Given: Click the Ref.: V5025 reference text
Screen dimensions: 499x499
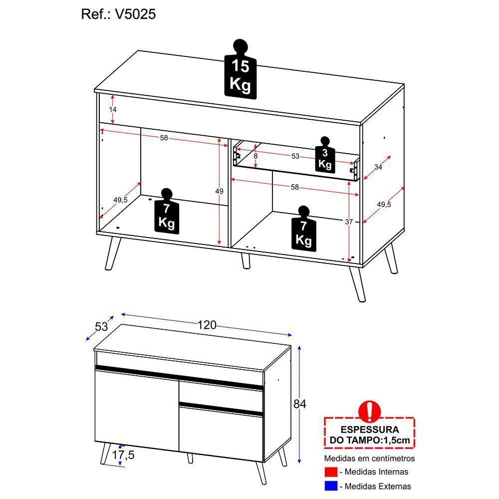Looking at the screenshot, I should tap(118, 14).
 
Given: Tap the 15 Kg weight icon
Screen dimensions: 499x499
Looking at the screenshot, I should tap(240, 71).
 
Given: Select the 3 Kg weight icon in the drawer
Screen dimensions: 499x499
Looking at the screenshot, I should tap(325, 155).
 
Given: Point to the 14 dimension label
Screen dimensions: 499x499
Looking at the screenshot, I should tap(113, 109).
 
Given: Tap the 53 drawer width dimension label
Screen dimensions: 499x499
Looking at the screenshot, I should tap(295, 157).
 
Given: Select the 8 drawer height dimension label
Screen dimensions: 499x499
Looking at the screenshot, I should tap(255, 156).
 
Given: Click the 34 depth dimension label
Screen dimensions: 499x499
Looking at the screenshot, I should tap(378, 167).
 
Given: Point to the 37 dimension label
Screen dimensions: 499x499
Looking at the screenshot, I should tap(349, 222).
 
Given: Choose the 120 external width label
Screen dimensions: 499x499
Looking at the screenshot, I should tap(206, 325).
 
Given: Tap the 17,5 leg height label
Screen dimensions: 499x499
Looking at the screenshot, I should tap(122, 455).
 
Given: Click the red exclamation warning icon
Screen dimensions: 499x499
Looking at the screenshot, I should tap(370, 410).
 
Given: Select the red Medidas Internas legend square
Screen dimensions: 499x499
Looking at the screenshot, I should tap(331, 472).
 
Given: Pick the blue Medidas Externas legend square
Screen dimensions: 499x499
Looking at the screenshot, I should tap(331, 486).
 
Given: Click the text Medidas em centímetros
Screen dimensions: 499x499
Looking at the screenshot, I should tap(369, 458).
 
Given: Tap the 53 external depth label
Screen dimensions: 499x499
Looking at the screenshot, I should tap(101, 327).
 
